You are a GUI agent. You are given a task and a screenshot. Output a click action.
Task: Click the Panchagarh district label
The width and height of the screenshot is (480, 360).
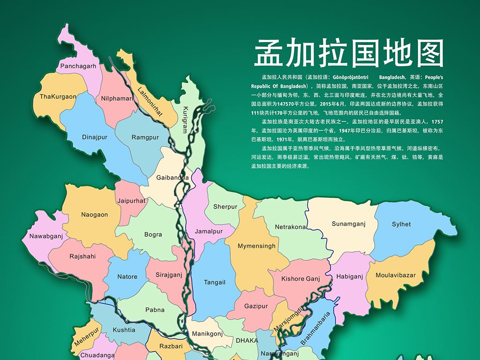pyautogui.click(x=78, y=66)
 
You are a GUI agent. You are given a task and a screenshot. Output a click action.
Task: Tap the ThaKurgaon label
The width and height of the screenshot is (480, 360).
pyautogui.click(x=58, y=97)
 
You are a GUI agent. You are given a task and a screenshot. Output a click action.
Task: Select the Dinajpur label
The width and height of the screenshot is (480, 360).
pyautogui.click(x=95, y=137)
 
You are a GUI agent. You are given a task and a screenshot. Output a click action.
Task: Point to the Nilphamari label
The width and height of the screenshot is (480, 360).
pyautogui.click(x=117, y=98)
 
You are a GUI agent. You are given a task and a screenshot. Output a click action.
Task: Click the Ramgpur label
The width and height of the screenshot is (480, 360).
pyautogui.click(x=145, y=137)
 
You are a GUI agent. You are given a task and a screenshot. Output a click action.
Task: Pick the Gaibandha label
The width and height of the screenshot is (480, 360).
pyautogui.click(x=172, y=178)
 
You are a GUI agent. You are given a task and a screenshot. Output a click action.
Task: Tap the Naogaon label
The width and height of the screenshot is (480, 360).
pyautogui.click(x=94, y=215)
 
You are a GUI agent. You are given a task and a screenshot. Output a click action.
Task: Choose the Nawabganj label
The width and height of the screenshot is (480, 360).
pyautogui.click(x=46, y=236)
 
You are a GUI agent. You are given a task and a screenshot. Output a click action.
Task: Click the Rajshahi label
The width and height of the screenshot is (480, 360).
pyautogui.click(x=82, y=256)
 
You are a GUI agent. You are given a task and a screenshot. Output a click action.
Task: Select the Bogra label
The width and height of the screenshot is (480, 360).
pyautogui.click(x=153, y=234)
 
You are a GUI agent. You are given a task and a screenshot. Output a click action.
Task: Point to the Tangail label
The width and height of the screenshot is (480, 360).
pyautogui.click(x=215, y=282)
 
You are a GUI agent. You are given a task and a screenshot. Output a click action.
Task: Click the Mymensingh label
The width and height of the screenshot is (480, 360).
pyautogui.click(x=256, y=246)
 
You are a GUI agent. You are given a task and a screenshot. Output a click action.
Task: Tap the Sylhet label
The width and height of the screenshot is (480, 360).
pyautogui.click(x=401, y=225)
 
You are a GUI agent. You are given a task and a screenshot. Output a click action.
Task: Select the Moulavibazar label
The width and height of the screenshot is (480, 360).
pyautogui.click(x=396, y=275)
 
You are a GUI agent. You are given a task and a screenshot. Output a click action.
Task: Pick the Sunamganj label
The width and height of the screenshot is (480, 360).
pyautogui.click(x=348, y=224)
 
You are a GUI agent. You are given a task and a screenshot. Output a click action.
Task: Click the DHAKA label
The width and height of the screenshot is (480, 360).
pyautogui.click(x=247, y=340)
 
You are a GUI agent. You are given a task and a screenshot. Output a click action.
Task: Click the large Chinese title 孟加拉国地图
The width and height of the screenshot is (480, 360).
pyautogui.click(x=349, y=52)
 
